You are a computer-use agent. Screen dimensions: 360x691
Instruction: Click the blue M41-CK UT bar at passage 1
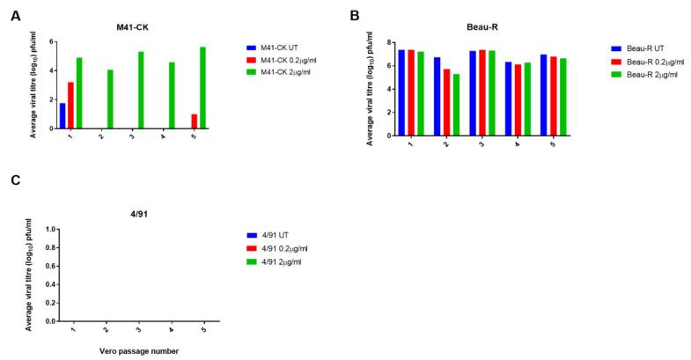click(x=62, y=115)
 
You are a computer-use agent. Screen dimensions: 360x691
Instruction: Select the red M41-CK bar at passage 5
click(x=195, y=121)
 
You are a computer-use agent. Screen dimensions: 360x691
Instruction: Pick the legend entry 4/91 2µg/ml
click(x=283, y=262)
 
